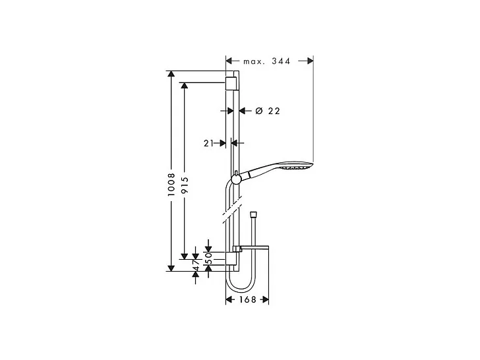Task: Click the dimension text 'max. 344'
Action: point(267,61)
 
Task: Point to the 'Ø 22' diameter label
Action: point(267,111)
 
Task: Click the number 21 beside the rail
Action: point(210,142)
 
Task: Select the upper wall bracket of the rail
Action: point(231,82)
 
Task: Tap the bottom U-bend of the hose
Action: point(238,289)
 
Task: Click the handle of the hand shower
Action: point(259,171)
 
